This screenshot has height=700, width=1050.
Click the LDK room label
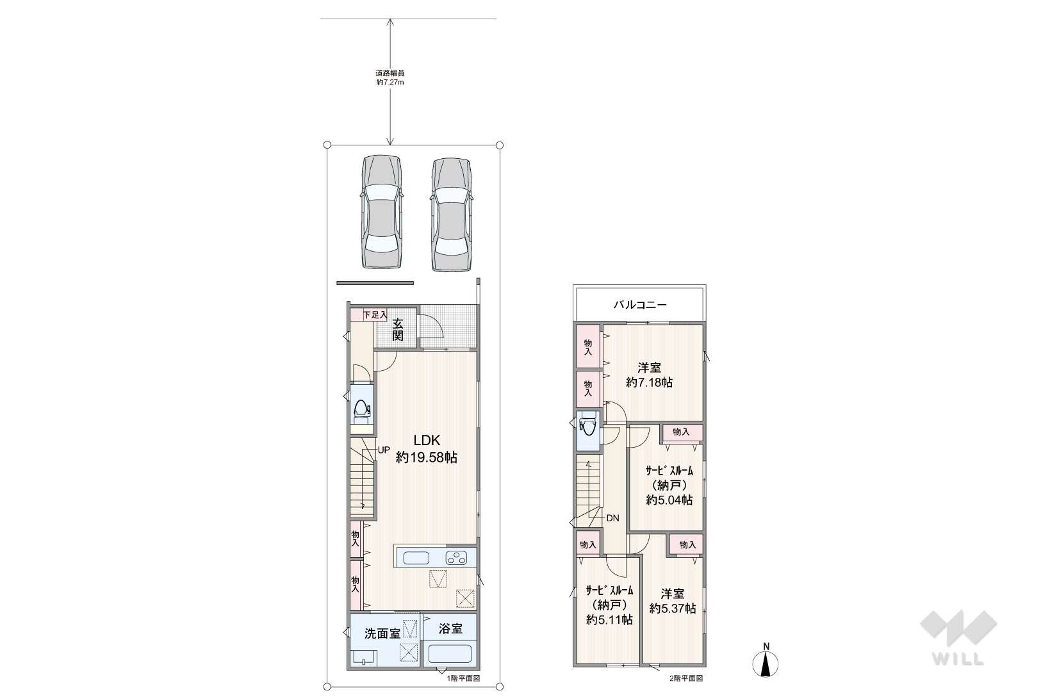click(x=427, y=440)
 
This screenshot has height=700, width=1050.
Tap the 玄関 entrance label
click(x=397, y=329)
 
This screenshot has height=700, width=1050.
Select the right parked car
click(x=450, y=214)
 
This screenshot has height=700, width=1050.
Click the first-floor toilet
click(x=361, y=411)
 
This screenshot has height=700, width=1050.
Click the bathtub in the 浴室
click(x=450, y=653)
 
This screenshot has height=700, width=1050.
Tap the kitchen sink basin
click(x=416, y=558)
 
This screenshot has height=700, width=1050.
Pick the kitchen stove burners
click(x=456, y=558)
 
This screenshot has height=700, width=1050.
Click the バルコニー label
click(x=640, y=305)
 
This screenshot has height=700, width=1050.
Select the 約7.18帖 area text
click(x=649, y=382)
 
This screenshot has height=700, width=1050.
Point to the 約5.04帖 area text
click(x=669, y=500)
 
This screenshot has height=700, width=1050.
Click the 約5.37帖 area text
click(x=673, y=608)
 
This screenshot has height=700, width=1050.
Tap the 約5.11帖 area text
click(x=609, y=619)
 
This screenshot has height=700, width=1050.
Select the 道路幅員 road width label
click(x=390, y=73)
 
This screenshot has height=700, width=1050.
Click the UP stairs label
click(x=384, y=450)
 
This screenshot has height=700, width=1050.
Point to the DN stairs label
click(x=612, y=518)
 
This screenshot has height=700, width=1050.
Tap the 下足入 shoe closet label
click(x=375, y=314)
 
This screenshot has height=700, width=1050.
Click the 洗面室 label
click(x=382, y=634)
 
